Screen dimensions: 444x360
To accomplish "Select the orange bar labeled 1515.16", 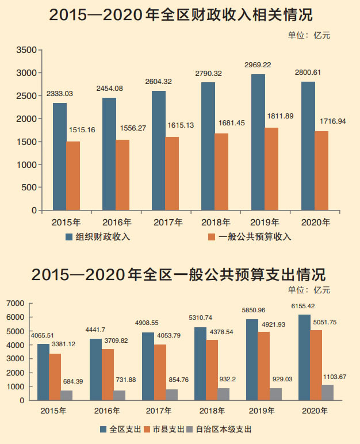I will (73, 175).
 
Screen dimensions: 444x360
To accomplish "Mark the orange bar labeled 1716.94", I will (321, 171).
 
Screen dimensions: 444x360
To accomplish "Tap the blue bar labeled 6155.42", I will (304, 357).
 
